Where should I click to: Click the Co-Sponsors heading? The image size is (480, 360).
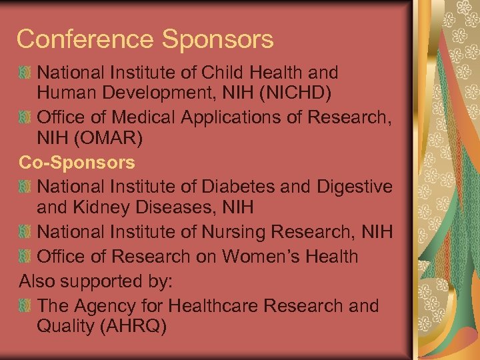click(x=77, y=162)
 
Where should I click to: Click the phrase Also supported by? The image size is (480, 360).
click(x=96, y=281)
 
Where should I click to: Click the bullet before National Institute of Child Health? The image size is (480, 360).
click(x=25, y=71)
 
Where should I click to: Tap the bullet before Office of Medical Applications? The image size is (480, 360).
click(x=25, y=118)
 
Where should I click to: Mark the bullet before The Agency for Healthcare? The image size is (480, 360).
click(x=25, y=306)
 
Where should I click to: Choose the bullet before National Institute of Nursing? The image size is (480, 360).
click(x=25, y=232)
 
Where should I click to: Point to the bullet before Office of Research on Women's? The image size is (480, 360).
click(x=25, y=256)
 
